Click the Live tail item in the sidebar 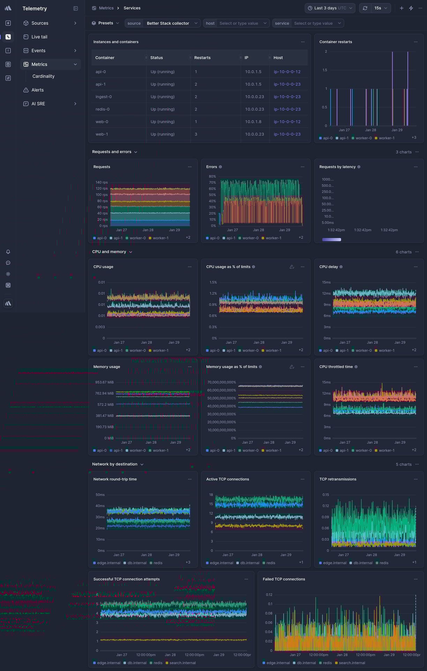click(39, 37)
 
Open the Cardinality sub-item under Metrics click(43, 76)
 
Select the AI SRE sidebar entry click(38, 104)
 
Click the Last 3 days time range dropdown click(330, 8)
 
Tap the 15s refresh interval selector click(380, 8)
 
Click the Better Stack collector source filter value click(168, 23)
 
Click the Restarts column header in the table click(202, 58)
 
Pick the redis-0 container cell click(103, 110)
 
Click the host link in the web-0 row click(287, 122)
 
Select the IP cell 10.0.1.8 click(253, 122)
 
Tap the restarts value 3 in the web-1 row click(196, 134)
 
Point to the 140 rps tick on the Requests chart click(102, 182)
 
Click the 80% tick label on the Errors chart click(212, 176)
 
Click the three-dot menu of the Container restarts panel click(415, 42)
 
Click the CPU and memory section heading click(109, 252)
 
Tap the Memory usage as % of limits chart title click(232, 367)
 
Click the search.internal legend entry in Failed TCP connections click(352, 663)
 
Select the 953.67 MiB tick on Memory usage click(104, 383)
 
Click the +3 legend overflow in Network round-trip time click(188, 562)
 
